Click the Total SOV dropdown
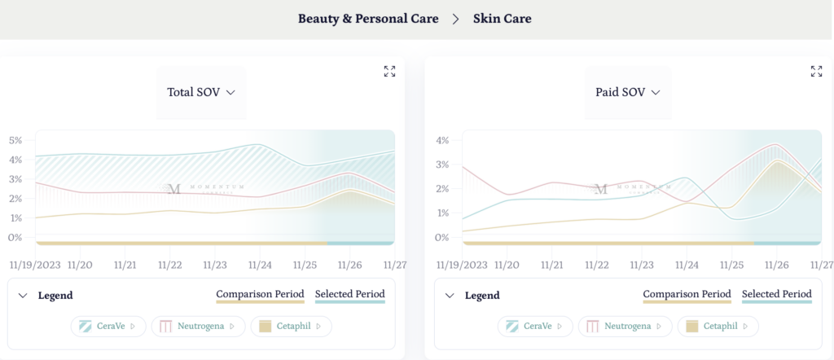pos(200,92)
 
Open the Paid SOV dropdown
pos(628,92)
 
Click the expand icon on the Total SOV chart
pos(389,72)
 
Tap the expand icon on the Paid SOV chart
pos(816,72)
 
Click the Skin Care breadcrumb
pos(502,18)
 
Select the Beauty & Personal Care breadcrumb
pos(368,18)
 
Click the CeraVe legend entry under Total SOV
pos(108,327)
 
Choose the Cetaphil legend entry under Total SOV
pos(291,327)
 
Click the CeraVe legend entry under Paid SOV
pos(535,327)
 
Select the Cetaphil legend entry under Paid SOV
pos(718,327)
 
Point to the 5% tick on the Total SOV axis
pos(15,140)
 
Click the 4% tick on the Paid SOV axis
pos(442,140)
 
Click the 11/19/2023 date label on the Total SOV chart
pos(36,265)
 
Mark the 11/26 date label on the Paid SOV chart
pos(777,265)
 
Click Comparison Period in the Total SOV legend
pos(260,294)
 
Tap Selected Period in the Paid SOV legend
pos(776,294)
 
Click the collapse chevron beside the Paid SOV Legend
pos(450,296)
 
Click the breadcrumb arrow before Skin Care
pos(456,18)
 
